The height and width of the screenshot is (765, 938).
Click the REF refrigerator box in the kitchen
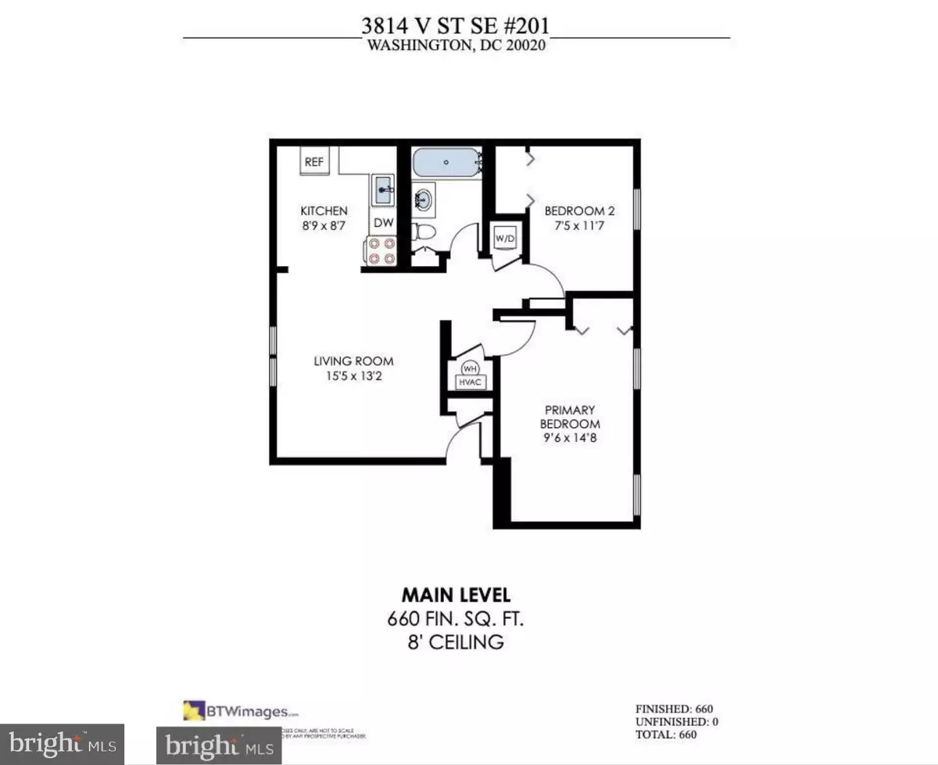click(x=314, y=163)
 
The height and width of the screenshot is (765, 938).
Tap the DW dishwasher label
click(x=382, y=222)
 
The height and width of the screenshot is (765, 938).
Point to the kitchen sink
click(x=383, y=190)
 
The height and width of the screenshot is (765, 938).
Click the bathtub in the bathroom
click(x=446, y=163)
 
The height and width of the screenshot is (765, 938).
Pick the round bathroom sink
click(x=424, y=198)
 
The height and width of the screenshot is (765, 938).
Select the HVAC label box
click(x=472, y=382)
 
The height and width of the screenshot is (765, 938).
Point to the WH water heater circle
click(x=471, y=368)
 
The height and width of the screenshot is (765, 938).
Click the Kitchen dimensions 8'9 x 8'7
click(x=324, y=225)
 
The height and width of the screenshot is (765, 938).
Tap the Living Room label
click(x=353, y=361)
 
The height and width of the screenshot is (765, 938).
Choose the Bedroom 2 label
click(x=575, y=210)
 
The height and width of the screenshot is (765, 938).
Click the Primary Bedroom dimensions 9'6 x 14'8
click(x=571, y=438)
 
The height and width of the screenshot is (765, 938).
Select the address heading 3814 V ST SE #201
click(x=456, y=26)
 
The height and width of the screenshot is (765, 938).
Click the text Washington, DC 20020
click(x=456, y=45)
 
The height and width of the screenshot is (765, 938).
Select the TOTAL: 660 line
click(x=665, y=734)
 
